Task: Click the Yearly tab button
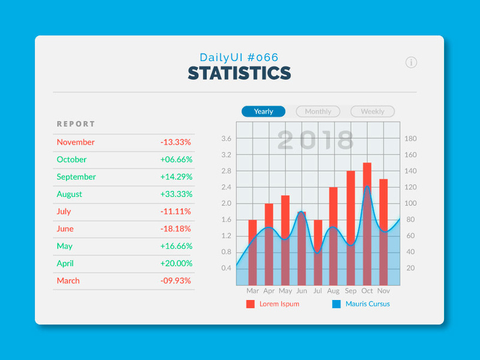(x=263, y=112)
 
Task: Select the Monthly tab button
(x=318, y=112)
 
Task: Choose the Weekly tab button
(x=373, y=112)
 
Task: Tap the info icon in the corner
(x=411, y=62)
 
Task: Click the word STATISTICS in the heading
(x=239, y=73)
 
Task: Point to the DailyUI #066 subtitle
(x=239, y=58)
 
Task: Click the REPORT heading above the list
(x=76, y=124)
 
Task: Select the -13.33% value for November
(x=176, y=142)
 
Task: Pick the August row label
(x=70, y=194)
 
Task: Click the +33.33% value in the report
(x=176, y=194)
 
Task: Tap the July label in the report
(x=64, y=211)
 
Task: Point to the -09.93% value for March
(x=176, y=281)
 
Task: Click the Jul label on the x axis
(x=318, y=291)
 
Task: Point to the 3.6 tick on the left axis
(x=226, y=139)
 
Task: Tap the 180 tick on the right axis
(x=411, y=139)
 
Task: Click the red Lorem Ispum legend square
(x=250, y=304)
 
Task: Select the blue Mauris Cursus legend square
(x=336, y=304)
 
